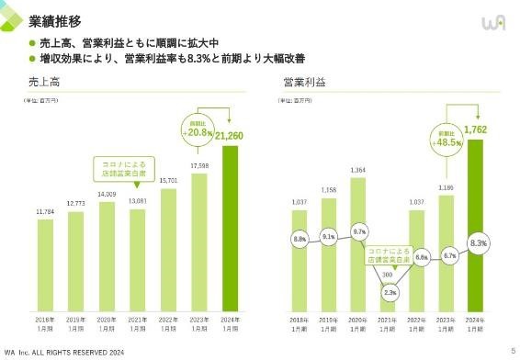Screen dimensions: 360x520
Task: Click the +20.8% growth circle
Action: (197, 129)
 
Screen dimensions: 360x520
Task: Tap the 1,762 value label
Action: (476, 130)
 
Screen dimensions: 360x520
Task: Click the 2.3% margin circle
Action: (389, 292)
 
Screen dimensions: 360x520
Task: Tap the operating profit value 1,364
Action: (359, 170)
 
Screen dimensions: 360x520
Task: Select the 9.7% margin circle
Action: (359, 231)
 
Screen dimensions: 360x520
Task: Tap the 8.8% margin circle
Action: (300, 239)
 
